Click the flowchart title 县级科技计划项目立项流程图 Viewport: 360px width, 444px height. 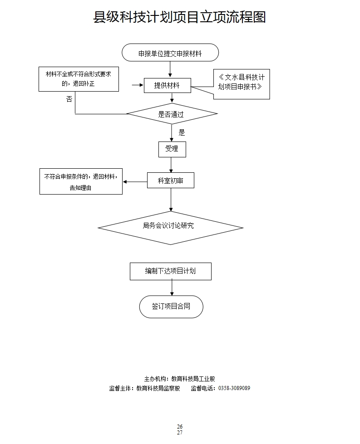[179, 17]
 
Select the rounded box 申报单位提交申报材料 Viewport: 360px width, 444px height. [170, 53]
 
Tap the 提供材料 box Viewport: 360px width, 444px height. [167, 85]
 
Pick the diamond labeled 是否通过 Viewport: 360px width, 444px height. [171, 114]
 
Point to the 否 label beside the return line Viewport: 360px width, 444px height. [69, 99]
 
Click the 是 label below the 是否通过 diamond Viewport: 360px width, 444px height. [182, 133]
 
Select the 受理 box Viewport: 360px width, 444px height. [172, 149]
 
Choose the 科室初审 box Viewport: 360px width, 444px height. [171, 181]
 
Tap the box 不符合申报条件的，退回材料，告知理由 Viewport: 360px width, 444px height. [81, 182]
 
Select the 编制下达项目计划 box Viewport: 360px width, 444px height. [171, 271]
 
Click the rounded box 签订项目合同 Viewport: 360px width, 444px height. [171, 307]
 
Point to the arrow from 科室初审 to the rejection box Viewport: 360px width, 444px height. [135, 182]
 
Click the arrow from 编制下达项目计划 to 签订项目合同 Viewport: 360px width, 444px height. [172, 288]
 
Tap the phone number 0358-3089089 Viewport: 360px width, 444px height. [234, 388]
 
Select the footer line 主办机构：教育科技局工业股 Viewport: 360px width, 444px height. [179, 379]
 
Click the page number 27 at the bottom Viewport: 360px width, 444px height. [180, 433]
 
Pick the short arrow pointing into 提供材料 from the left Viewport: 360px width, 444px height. [137, 85]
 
